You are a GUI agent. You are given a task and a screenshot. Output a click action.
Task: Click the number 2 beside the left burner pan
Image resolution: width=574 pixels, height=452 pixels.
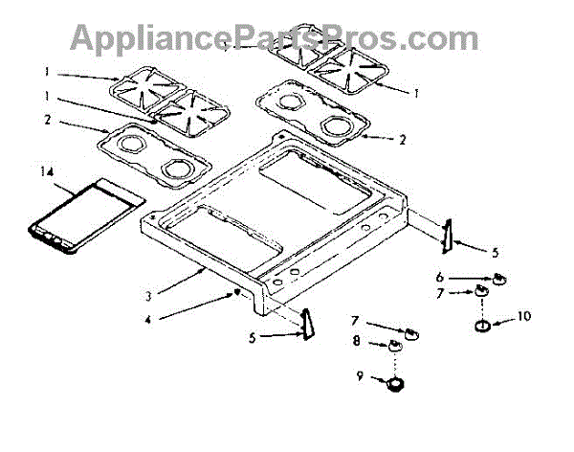coord(46,120)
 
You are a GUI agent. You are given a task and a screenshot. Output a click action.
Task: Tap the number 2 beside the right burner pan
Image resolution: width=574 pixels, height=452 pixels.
coord(403,140)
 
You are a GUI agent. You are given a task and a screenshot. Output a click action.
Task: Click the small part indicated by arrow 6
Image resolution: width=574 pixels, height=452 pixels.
coord(501,280)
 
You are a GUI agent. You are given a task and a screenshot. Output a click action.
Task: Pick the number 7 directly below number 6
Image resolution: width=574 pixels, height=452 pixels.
coord(467,292)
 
